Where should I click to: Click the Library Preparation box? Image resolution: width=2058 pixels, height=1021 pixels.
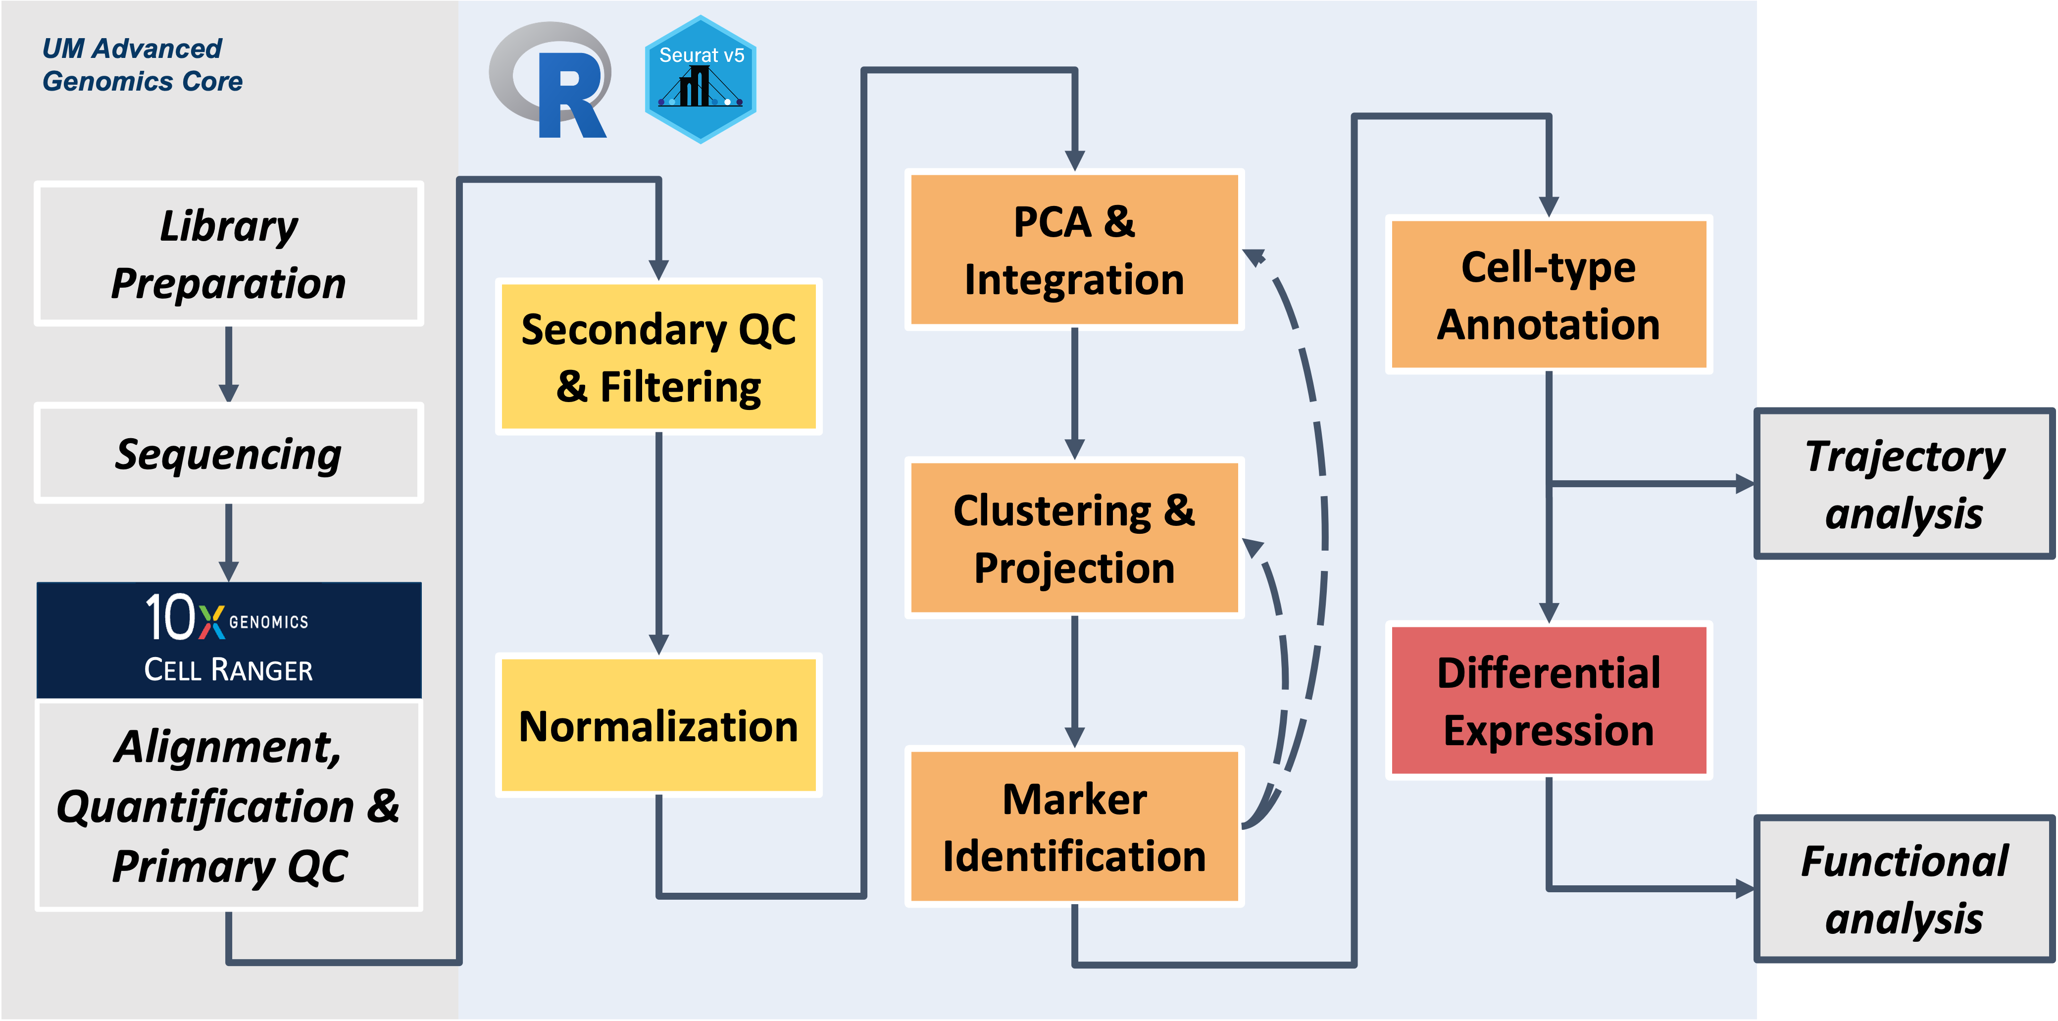(x=229, y=254)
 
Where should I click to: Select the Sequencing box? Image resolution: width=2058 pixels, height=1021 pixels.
(x=229, y=453)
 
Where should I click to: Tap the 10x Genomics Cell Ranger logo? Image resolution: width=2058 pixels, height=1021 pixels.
(x=229, y=639)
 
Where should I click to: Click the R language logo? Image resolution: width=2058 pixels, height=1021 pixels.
(x=551, y=80)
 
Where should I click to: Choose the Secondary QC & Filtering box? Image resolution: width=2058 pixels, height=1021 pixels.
(x=658, y=357)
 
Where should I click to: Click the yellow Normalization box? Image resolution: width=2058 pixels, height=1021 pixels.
(x=658, y=725)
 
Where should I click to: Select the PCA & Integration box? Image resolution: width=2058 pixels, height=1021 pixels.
(x=1074, y=249)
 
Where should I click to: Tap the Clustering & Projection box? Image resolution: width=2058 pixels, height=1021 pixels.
(x=1074, y=538)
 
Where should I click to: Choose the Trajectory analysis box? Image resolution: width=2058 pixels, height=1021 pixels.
(x=1905, y=484)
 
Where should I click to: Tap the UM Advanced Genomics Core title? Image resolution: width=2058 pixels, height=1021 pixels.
(x=142, y=65)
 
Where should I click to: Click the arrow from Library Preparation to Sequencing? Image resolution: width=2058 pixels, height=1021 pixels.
(x=229, y=363)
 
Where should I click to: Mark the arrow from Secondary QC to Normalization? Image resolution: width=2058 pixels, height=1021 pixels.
(x=658, y=543)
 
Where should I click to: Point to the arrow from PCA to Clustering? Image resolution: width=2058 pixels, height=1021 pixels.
(x=1074, y=393)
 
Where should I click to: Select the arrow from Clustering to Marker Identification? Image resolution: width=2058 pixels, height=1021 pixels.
(x=1074, y=681)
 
